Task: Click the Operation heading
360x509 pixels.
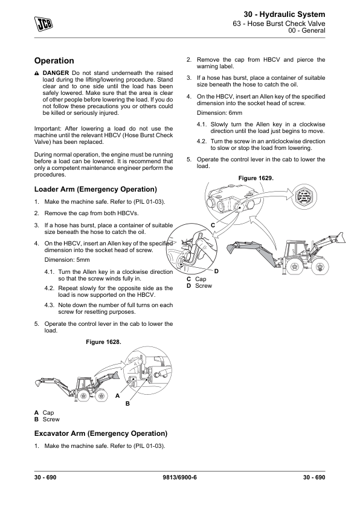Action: point(54,60)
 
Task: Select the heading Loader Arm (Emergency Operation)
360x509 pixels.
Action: point(95,189)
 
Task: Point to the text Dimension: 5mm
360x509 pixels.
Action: point(67,260)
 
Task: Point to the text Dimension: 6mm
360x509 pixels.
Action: point(219,113)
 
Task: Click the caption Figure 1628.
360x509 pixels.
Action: point(103,342)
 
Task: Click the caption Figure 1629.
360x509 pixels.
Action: point(256,178)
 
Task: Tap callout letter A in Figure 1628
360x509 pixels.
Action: point(117,396)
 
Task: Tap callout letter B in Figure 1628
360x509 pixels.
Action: point(127,403)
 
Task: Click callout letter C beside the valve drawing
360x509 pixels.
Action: point(213,225)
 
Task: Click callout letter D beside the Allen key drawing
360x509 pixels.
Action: point(216,271)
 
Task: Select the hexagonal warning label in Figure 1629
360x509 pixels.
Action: point(304,196)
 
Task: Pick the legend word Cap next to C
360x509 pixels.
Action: point(201,279)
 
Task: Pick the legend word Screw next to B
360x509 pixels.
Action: point(51,420)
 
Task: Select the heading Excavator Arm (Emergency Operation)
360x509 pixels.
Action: point(101,433)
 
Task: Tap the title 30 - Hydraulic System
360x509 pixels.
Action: point(284,15)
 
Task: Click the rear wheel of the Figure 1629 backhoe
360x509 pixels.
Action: point(295,266)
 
